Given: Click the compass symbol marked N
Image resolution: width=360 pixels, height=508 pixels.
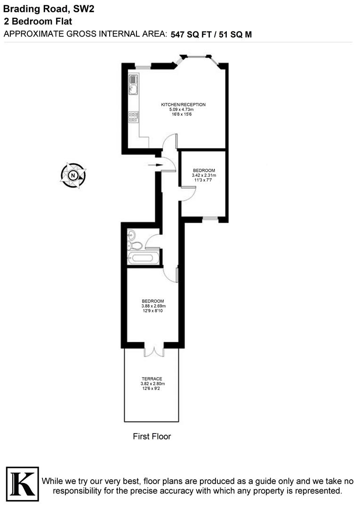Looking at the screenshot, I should click(73, 175).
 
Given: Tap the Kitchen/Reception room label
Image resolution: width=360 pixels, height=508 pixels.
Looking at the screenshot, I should click(183, 104).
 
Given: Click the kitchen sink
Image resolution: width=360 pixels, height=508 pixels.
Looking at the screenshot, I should click(133, 84).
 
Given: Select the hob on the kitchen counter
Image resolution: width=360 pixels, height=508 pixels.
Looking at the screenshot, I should click(134, 117).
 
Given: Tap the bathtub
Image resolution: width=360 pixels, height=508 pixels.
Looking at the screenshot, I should click(143, 258).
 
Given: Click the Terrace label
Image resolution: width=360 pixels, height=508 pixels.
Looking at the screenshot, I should click(152, 379).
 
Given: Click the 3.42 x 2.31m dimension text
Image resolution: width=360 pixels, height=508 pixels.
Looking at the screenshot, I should click(204, 175).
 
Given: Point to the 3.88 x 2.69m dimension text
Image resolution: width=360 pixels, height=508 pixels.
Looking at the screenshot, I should click(153, 306).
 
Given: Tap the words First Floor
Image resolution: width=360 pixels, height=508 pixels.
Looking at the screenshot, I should click(152, 437).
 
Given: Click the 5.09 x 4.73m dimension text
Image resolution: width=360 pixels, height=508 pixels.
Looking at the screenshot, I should click(183, 110).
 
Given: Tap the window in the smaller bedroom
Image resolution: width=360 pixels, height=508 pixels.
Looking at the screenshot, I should click(210, 218).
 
